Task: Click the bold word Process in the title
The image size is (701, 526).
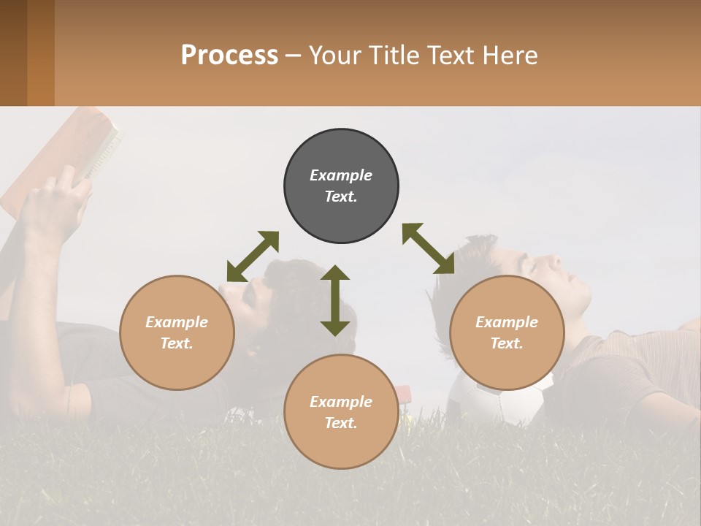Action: [229, 56]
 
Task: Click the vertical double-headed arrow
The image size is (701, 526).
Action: [335, 300]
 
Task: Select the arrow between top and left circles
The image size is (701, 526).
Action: [253, 256]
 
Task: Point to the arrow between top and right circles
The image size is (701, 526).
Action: [428, 248]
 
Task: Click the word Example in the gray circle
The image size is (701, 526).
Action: [341, 175]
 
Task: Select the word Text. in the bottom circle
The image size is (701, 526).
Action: [341, 423]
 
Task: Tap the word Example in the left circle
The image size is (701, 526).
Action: [177, 322]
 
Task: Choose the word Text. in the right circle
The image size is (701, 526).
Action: [507, 343]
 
